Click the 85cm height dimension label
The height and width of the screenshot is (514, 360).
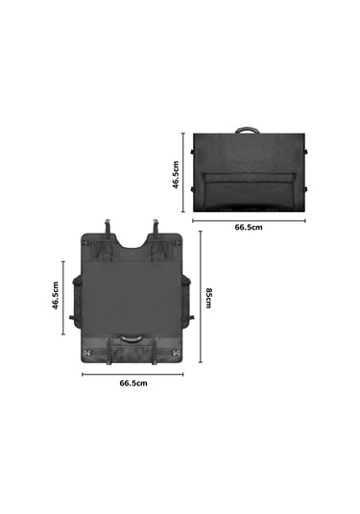(208, 298)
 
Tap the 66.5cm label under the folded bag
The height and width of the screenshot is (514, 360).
(249, 227)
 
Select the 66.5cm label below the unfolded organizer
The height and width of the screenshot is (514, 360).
(133, 383)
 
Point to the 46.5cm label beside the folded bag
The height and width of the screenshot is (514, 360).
(176, 175)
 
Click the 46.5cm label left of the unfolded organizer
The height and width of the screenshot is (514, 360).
(55, 295)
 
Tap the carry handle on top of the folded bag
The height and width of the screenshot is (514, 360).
(248, 130)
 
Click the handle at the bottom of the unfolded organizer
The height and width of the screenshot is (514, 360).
(131, 338)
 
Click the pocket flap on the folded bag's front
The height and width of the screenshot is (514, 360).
(249, 177)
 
